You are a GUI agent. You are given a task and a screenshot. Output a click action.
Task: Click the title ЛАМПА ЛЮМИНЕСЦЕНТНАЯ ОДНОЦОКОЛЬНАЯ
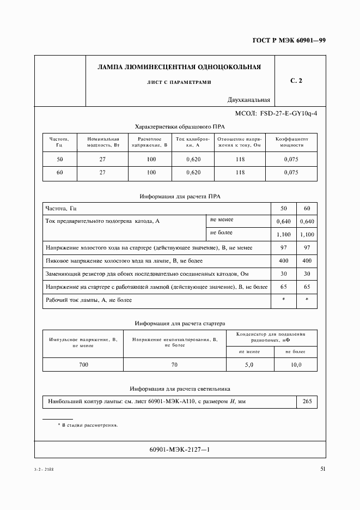tap(179, 68)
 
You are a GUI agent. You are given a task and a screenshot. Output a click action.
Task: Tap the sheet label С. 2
tap(296, 81)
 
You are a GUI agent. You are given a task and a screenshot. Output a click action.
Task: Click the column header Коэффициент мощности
tap(291, 142)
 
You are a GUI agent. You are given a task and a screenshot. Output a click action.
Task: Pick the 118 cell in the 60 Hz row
tap(240, 173)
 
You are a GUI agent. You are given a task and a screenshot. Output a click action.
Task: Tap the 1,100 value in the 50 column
tap(284, 234)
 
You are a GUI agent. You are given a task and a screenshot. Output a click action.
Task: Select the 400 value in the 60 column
tap(307, 261)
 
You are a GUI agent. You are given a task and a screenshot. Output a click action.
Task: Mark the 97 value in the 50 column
tap(284, 248)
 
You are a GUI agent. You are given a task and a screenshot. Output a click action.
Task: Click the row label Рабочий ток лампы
tap(89, 300)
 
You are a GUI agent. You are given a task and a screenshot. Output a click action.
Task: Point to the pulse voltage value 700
tap(83, 365)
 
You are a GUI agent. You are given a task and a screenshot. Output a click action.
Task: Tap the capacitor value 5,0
tap(249, 365)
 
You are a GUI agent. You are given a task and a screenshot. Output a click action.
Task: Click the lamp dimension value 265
tap(307, 402)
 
